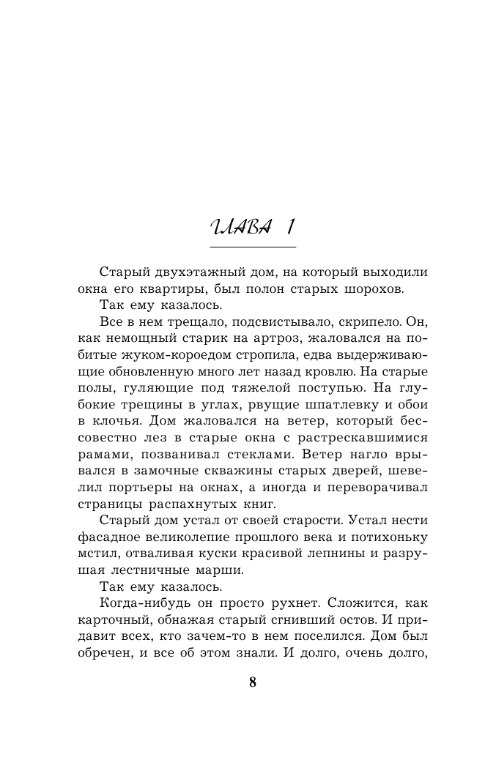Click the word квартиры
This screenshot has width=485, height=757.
tap(165, 289)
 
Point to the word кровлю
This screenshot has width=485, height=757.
tap(327, 377)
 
